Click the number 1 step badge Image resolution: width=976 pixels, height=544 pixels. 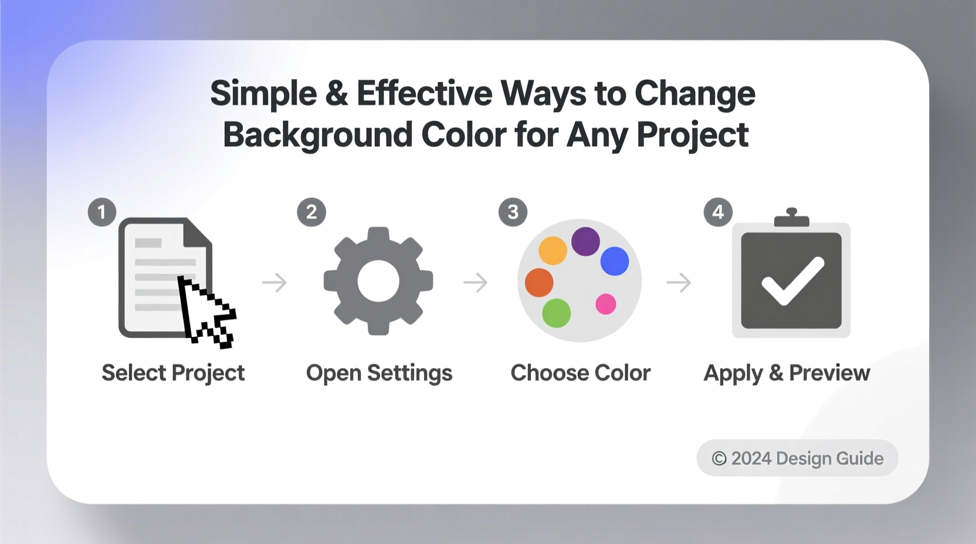coord(102,212)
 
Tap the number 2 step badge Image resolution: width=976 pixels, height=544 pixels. coord(311,212)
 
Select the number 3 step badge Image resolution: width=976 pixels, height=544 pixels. coord(513,212)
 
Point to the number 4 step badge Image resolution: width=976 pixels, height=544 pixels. coord(718,212)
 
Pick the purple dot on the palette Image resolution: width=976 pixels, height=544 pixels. coord(585,242)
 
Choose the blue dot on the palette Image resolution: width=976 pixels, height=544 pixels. coord(615,261)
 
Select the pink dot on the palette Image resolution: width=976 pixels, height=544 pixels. coord(606,304)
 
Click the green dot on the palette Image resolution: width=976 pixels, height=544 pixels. coord(556,312)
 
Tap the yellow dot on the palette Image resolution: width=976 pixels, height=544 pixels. coord(553,251)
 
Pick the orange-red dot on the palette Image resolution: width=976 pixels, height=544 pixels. coord(539,283)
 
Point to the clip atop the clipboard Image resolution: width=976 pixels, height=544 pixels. coord(791,217)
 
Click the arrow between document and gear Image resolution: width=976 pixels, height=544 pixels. coord(274,283)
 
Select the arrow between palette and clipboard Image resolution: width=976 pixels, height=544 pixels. coord(679,283)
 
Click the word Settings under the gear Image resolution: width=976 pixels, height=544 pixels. coord(409,373)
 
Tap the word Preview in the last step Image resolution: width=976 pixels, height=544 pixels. coord(829,373)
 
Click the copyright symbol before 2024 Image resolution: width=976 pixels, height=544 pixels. coord(719,459)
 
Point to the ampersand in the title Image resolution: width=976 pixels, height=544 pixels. coord(337,94)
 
